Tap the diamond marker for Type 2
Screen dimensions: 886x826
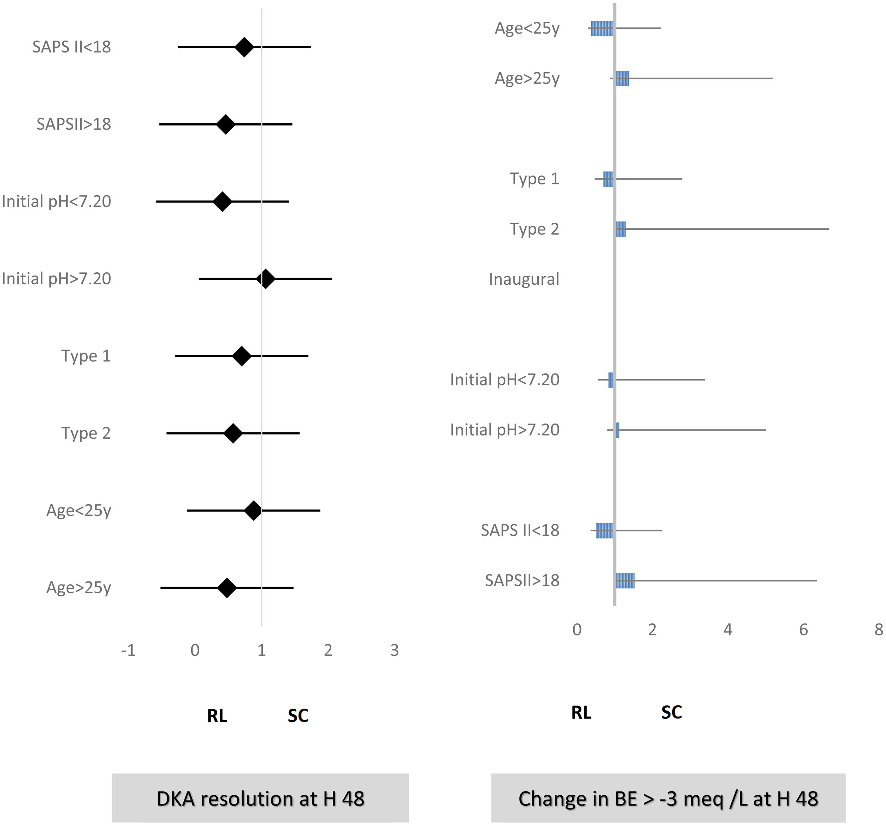coord(233,433)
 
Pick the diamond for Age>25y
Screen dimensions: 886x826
coord(227,588)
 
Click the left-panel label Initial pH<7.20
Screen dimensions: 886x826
coord(56,202)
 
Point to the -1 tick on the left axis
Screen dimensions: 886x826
coord(128,650)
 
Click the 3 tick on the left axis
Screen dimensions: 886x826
coord(394,650)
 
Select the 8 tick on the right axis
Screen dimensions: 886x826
coord(878,629)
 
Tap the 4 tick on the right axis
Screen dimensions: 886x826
coord(728,629)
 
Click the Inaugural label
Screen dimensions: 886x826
coord(524,279)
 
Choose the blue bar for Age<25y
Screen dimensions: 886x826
coord(602,29)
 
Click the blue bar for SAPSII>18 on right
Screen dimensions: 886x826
coord(625,581)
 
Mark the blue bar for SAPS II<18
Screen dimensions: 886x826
coord(605,531)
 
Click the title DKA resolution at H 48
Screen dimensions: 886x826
coord(260,799)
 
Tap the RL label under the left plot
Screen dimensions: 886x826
coord(217,716)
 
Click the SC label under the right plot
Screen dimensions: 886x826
coord(672,712)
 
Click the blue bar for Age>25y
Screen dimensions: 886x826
coord(623,79)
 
